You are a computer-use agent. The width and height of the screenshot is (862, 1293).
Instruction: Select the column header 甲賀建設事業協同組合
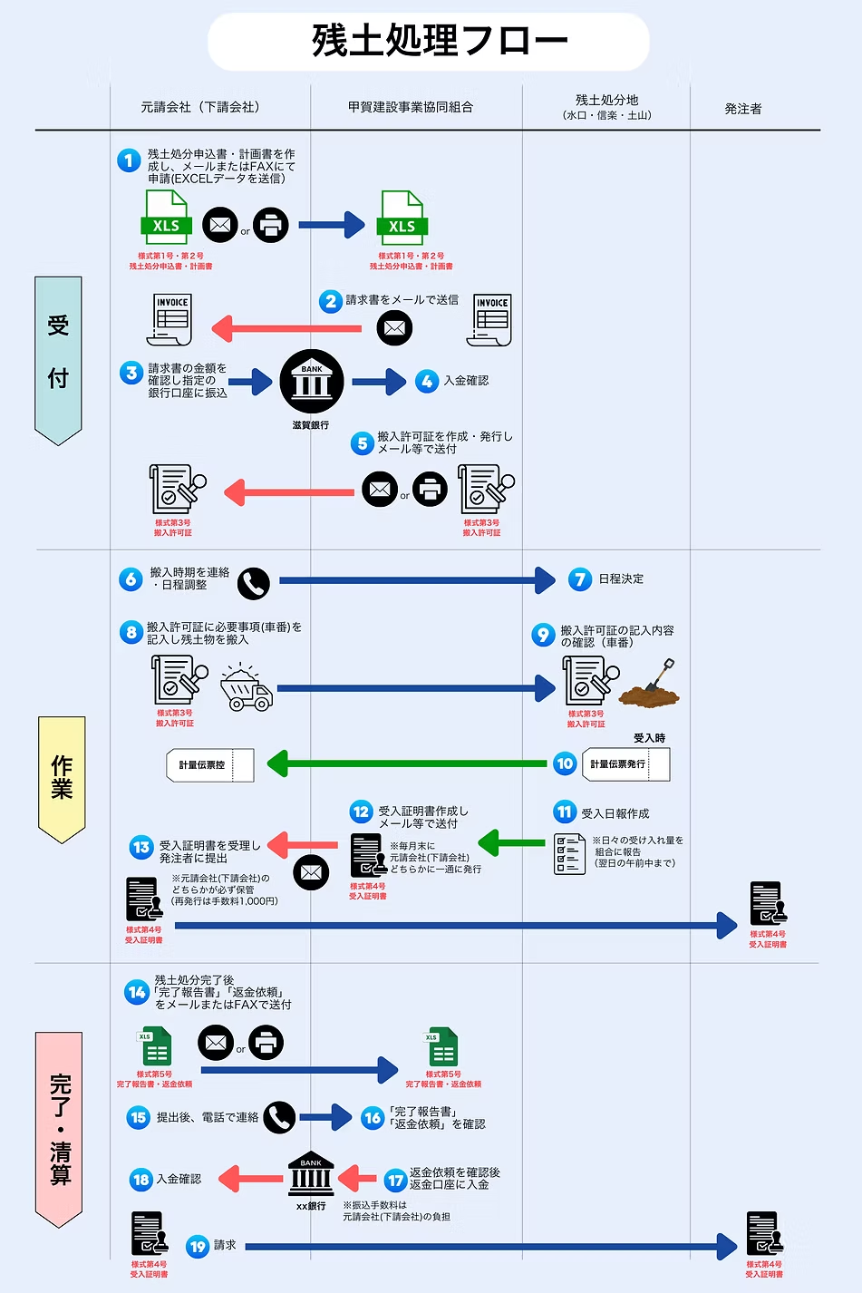click(x=410, y=107)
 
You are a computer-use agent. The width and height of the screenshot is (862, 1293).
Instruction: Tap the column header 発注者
click(x=742, y=109)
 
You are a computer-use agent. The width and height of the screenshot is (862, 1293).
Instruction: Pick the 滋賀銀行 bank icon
click(x=311, y=382)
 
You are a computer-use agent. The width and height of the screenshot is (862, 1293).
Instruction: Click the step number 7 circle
click(x=580, y=579)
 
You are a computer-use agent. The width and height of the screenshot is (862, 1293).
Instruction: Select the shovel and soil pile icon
click(x=650, y=685)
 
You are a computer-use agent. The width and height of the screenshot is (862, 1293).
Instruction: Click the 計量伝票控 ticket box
click(x=209, y=765)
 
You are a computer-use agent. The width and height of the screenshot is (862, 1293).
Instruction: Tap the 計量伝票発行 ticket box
click(x=625, y=764)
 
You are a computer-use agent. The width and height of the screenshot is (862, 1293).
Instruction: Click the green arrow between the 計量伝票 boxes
click(x=408, y=763)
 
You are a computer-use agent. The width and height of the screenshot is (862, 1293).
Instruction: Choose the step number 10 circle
click(x=565, y=763)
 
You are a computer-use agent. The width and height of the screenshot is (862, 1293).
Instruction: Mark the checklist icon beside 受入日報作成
click(x=569, y=854)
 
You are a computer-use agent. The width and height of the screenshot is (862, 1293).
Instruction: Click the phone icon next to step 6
click(x=254, y=584)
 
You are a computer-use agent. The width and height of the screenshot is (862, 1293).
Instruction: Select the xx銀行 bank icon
click(x=311, y=1176)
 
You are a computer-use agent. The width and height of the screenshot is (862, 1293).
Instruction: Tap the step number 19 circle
click(x=198, y=1247)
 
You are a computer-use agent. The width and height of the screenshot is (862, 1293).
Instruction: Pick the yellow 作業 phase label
click(x=62, y=778)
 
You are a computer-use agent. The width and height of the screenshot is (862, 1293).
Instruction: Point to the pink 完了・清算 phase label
click(x=59, y=1128)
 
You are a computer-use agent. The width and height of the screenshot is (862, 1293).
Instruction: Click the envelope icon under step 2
click(x=394, y=327)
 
